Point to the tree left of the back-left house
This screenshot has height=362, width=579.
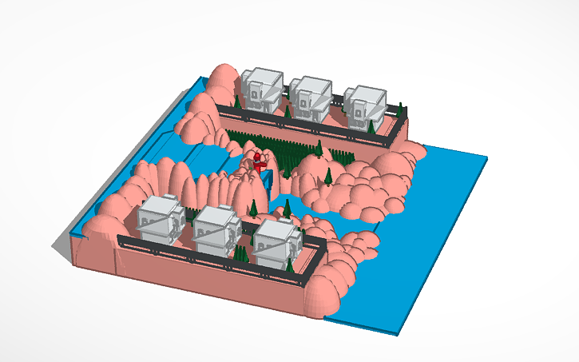(x=236, y=102)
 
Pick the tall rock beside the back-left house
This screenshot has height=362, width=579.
(x=223, y=80)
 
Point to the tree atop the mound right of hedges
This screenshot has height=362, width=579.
(x=327, y=175)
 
